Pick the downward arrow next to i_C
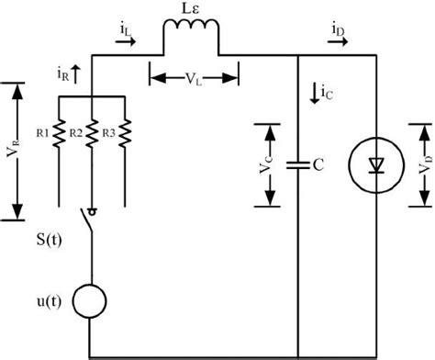coord(315,91)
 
